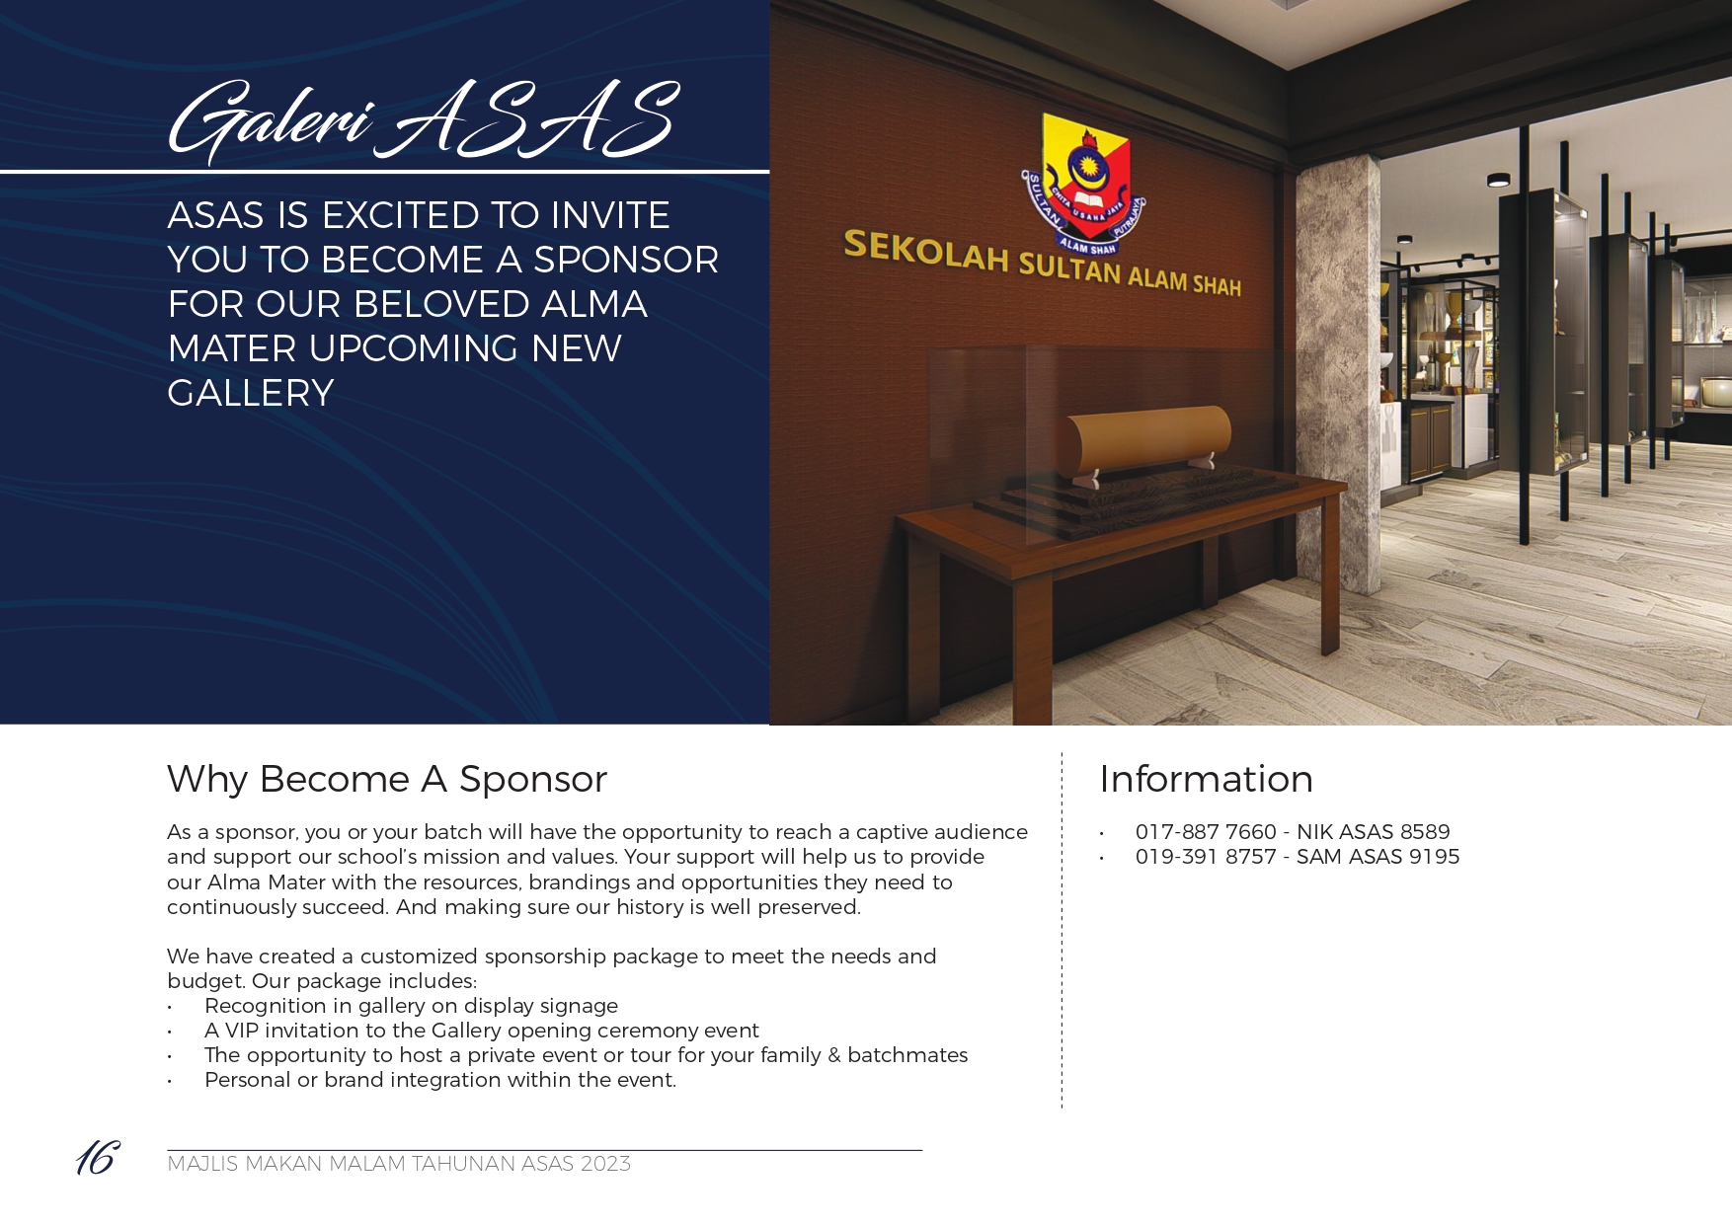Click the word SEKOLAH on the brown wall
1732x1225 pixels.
point(925,251)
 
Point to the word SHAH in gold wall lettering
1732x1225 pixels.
point(1217,285)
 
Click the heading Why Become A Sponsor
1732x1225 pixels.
point(387,779)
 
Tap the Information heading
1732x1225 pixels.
point(1206,779)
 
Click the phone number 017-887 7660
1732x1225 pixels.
point(1206,832)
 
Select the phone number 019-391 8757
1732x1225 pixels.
point(1206,857)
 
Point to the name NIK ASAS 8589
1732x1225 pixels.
point(1373,832)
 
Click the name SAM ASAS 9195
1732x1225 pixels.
point(1378,857)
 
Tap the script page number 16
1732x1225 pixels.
point(98,1157)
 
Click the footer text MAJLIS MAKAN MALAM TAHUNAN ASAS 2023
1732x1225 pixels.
point(399,1164)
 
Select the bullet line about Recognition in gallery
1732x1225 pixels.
point(411,1006)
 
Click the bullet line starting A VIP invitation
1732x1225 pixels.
point(481,1031)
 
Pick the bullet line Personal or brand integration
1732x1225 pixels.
point(440,1080)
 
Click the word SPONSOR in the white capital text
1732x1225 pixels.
point(626,260)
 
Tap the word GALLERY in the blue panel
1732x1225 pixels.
point(251,393)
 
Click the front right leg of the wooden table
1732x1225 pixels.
point(1330,573)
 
